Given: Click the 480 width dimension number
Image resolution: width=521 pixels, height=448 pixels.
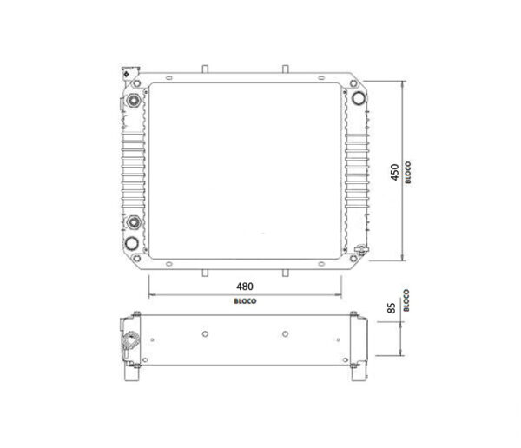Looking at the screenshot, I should [244, 286].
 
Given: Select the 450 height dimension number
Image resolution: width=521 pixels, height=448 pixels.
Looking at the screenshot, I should [394, 172].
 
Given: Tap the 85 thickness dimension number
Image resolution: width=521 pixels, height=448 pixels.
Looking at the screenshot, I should [392, 308].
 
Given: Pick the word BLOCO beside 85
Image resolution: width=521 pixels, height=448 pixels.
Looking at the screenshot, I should [406, 300].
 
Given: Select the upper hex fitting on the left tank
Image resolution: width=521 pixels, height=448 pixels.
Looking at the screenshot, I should [135, 101].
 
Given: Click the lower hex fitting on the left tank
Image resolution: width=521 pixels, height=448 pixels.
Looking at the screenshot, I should [135, 225].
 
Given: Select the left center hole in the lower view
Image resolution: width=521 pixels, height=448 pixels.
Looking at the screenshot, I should [203, 333].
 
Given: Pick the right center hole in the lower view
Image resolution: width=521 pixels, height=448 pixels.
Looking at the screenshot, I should [286, 333].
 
